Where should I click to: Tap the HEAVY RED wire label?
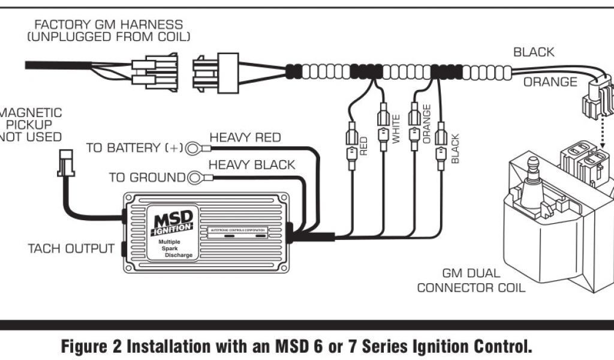[245, 137]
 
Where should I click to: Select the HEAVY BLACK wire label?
[251, 164]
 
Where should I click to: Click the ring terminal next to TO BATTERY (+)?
[193, 148]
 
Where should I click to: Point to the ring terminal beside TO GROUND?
[195, 178]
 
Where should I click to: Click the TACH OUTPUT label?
[71, 248]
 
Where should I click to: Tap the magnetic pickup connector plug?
[65, 162]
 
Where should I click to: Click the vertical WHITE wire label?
[396, 128]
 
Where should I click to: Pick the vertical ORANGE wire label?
[426, 124]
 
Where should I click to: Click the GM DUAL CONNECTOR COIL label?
[471, 281]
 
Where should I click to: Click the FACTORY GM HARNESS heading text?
[109, 25]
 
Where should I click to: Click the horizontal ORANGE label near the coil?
[550, 82]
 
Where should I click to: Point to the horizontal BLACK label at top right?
[534, 52]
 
